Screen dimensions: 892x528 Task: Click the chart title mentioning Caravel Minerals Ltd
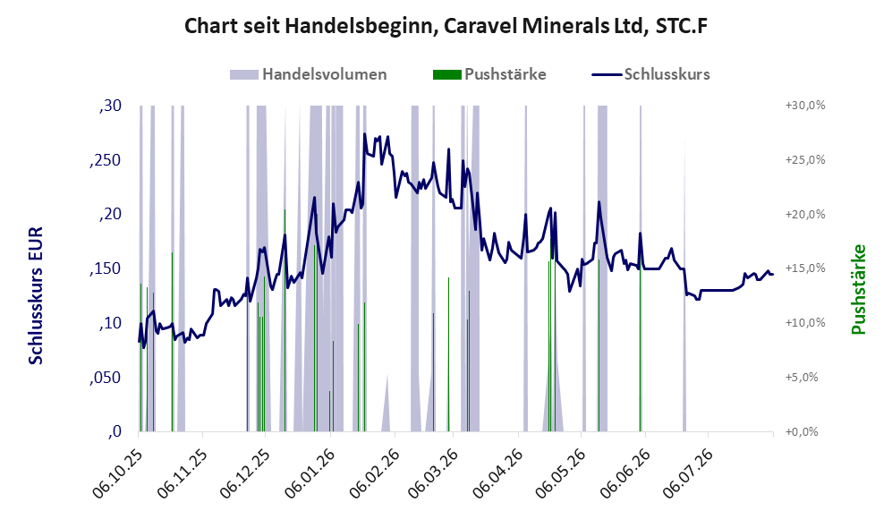coord(446,26)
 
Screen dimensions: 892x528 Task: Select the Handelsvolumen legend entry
coord(309,74)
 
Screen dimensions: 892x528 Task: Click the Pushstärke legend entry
coord(489,74)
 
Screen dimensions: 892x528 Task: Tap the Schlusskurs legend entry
coord(650,74)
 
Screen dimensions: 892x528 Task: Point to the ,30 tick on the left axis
coord(110,106)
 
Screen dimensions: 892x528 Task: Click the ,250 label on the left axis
coord(106,160)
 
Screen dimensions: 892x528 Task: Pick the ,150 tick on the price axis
coord(106,269)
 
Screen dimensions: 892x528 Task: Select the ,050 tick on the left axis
coord(106,378)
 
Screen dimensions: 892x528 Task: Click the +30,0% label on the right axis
coord(805,106)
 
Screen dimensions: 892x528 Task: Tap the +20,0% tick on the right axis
coord(805,215)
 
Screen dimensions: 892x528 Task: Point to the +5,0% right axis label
coord(802,378)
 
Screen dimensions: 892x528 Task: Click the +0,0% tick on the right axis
coord(802,432)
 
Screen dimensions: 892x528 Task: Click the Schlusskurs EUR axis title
coord(36,296)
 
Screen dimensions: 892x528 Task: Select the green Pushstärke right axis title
coord(859,290)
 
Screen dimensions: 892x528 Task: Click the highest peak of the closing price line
coord(365,134)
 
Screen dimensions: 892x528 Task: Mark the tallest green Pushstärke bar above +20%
coord(285,320)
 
